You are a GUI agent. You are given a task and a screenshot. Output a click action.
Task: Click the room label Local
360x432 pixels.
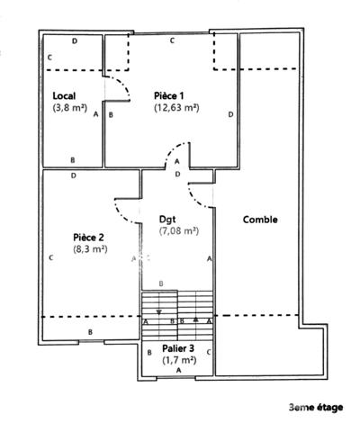point(64,96)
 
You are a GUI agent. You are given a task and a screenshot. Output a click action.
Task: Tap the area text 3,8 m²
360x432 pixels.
point(70,107)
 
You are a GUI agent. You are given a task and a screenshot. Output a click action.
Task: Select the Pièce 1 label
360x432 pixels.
point(168,96)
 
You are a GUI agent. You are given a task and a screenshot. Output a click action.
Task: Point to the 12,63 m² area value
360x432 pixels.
point(176,107)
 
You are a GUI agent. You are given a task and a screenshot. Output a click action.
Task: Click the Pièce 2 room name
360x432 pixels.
point(88,238)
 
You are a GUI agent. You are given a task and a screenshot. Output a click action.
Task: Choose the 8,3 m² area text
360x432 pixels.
point(90,249)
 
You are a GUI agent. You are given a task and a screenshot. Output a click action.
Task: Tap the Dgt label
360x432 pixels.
point(167,220)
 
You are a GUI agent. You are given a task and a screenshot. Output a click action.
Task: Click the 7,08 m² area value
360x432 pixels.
point(179,231)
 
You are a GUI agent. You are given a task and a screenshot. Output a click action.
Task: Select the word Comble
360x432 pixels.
point(260,220)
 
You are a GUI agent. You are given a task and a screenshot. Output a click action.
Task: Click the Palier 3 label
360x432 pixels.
point(178,348)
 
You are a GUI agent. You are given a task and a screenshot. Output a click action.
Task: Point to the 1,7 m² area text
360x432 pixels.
point(179,360)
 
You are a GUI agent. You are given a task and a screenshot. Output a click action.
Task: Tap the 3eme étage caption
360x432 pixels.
point(316,408)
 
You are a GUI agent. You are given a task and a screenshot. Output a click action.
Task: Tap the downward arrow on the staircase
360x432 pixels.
point(159,312)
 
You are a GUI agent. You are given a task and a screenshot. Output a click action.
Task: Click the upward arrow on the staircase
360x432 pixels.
point(196,319)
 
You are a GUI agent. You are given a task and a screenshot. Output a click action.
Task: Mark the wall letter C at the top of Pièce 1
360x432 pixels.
point(172,40)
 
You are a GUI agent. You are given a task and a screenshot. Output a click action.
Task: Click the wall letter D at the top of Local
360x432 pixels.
point(75,41)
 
